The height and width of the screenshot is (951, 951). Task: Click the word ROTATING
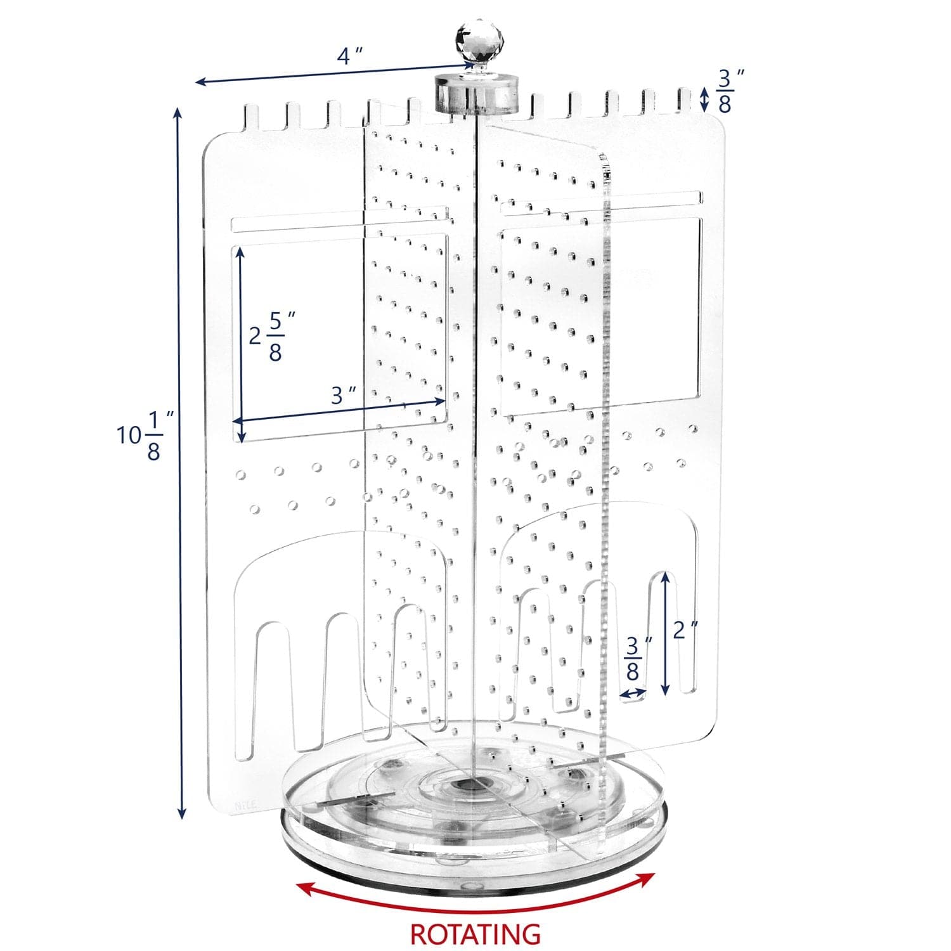pos(475,933)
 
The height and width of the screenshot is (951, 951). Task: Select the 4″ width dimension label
pos(349,56)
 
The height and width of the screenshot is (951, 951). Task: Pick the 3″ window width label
pos(342,396)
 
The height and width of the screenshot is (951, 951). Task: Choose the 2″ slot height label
pos(685,630)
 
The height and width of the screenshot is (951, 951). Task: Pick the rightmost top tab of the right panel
pos(685,101)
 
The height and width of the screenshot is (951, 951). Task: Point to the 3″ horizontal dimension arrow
pos(339,410)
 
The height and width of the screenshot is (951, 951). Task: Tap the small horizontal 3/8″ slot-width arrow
pos(633,694)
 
